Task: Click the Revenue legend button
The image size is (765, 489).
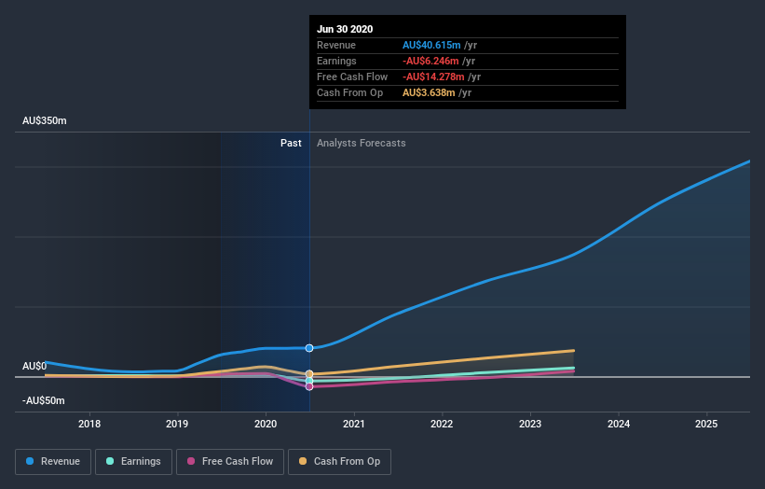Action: (x=53, y=461)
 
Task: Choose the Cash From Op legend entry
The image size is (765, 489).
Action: (x=339, y=461)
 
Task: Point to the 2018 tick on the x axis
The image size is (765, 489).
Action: (x=90, y=424)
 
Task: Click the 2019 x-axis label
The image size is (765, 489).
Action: (x=178, y=424)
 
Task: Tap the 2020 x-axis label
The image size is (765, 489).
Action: (x=266, y=424)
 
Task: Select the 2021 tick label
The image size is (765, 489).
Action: (x=354, y=424)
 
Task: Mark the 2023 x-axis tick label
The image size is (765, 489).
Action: (x=530, y=424)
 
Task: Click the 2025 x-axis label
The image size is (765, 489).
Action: (x=706, y=424)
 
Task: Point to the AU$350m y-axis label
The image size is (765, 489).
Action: (x=45, y=121)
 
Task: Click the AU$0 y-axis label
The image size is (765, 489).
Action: (x=34, y=366)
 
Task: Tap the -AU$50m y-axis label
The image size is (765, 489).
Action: (x=44, y=400)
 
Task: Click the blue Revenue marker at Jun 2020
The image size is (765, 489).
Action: (x=309, y=348)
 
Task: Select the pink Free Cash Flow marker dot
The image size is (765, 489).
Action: (x=309, y=386)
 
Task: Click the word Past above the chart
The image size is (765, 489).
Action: (x=291, y=143)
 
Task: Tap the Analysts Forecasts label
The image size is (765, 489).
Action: (x=361, y=143)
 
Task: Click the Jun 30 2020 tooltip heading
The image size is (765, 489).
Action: (x=345, y=29)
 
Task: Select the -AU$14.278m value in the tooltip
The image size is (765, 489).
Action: (x=433, y=77)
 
